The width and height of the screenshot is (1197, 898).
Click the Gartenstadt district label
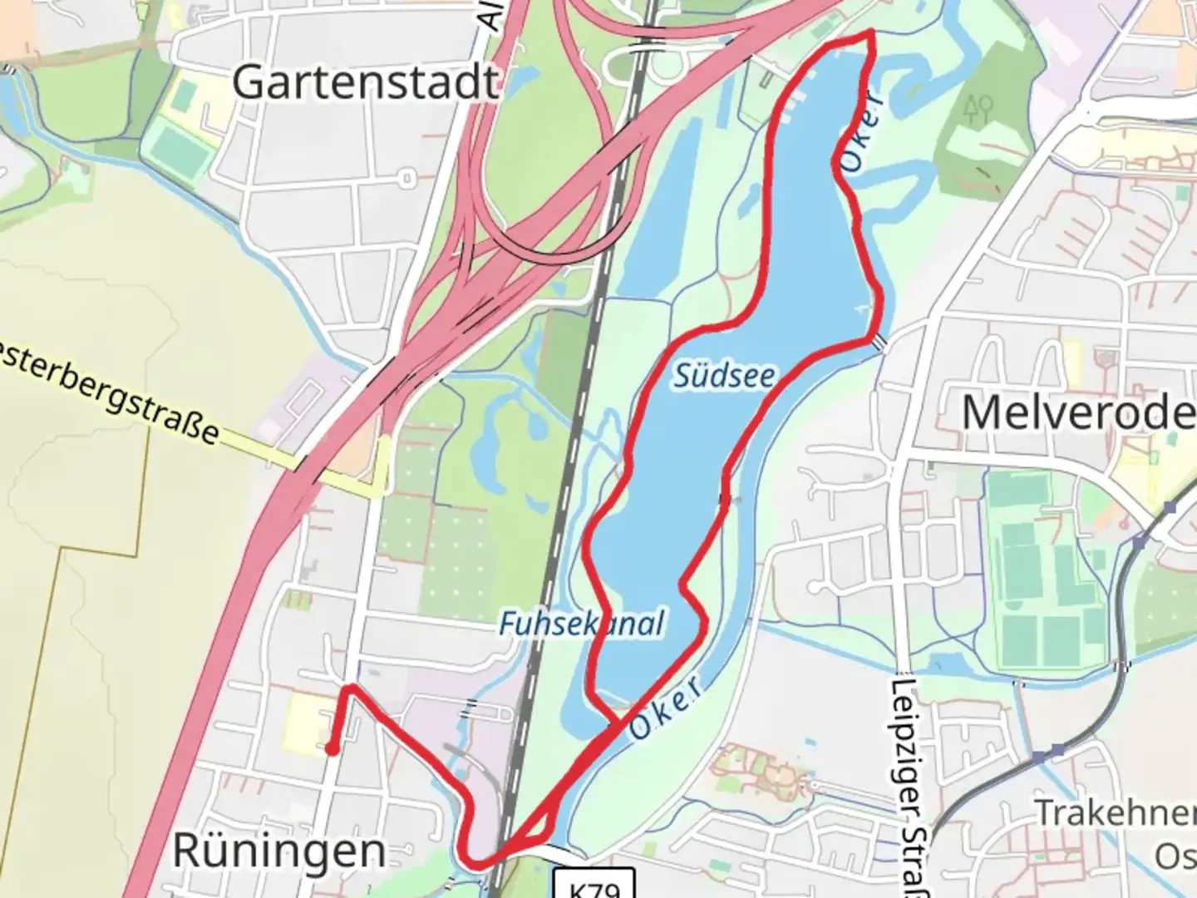click(366, 82)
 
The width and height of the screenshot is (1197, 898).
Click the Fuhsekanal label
click(582, 624)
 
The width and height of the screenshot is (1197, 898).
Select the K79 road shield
click(594, 886)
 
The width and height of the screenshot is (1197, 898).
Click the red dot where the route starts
click(331, 750)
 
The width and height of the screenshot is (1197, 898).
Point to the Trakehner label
click(1114, 812)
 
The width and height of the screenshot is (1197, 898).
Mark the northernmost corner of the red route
click(870, 32)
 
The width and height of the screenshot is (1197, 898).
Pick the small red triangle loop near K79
click(540, 827)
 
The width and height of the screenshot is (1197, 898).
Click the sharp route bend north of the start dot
click(350, 687)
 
